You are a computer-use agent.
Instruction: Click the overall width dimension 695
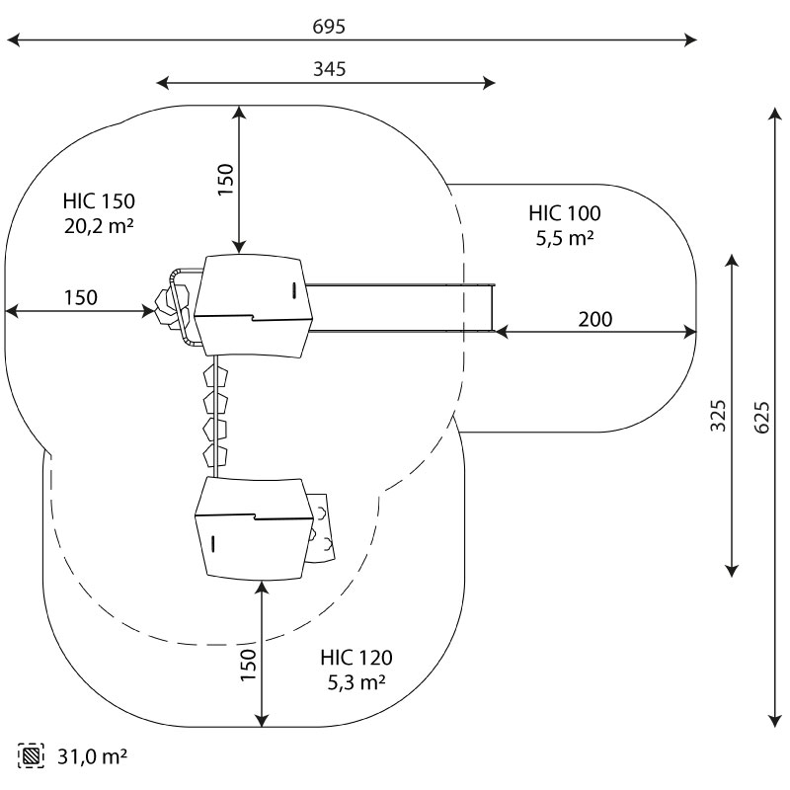[x=329, y=27]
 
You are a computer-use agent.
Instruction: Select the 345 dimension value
[x=329, y=68]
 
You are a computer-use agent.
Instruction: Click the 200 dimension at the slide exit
[x=594, y=319]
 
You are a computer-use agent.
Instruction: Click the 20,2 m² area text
[x=96, y=226]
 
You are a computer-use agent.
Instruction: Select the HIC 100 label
[x=564, y=213]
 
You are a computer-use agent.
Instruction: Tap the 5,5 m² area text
[x=564, y=237]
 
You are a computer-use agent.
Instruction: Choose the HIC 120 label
[x=355, y=658]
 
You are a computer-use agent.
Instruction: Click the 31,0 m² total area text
[x=93, y=757]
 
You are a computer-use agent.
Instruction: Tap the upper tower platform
[x=253, y=306]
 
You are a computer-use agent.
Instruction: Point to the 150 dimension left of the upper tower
[x=80, y=297]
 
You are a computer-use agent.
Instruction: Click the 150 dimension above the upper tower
[x=225, y=181]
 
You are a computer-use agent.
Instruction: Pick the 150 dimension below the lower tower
[x=247, y=665]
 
